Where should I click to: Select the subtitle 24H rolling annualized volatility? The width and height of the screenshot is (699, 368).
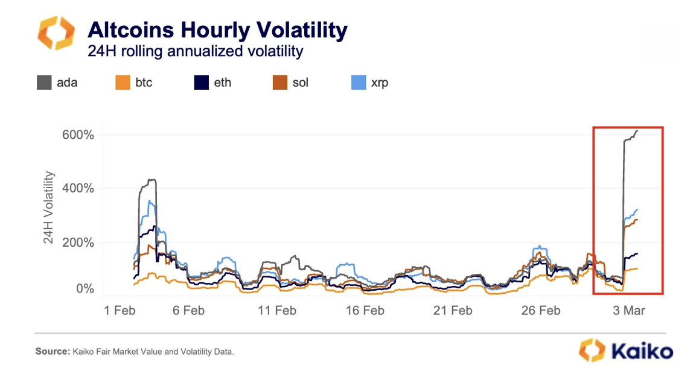click(x=196, y=51)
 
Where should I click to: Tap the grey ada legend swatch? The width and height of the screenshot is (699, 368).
click(x=43, y=83)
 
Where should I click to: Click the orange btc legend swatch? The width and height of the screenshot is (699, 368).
click(x=123, y=83)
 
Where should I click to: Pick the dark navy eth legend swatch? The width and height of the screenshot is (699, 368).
click(x=201, y=83)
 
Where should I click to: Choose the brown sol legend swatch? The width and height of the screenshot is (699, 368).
click(x=279, y=83)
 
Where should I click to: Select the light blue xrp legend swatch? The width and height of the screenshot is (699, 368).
click(x=359, y=83)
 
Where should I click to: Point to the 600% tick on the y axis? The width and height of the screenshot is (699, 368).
click(x=78, y=135)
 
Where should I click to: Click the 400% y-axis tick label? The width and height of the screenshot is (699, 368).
click(x=78, y=188)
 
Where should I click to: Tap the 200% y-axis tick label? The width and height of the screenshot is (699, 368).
click(x=78, y=243)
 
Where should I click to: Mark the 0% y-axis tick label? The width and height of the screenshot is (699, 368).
click(x=85, y=289)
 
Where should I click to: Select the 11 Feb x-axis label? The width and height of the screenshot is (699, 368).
click(x=276, y=311)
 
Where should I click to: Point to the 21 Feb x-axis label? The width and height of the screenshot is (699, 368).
click(x=452, y=311)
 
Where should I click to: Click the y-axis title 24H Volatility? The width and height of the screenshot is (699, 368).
click(x=49, y=208)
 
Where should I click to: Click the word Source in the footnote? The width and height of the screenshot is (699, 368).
click(x=52, y=351)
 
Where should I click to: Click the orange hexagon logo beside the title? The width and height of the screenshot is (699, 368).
click(x=56, y=34)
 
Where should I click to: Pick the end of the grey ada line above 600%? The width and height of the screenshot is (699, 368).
click(x=637, y=130)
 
